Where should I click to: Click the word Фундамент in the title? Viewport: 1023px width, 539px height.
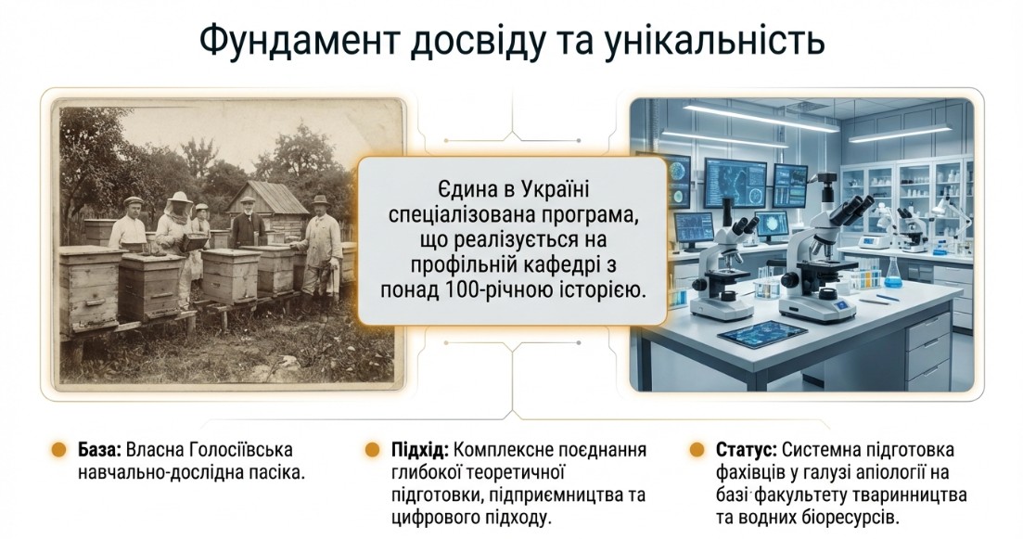[298, 41]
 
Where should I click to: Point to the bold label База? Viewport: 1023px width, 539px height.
[99, 450]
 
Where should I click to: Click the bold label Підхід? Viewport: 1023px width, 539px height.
[419, 451]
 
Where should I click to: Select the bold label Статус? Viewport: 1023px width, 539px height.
[746, 451]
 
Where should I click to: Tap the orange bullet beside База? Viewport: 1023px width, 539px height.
[58, 450]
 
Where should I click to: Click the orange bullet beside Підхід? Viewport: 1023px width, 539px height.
[373, 450]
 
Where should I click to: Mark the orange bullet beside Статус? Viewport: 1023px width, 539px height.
[697, 450]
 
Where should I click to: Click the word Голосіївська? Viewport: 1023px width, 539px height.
[241, 450]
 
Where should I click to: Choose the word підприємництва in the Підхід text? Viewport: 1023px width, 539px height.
[556, 495]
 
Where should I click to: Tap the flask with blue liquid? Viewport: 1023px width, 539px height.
[893, 273]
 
